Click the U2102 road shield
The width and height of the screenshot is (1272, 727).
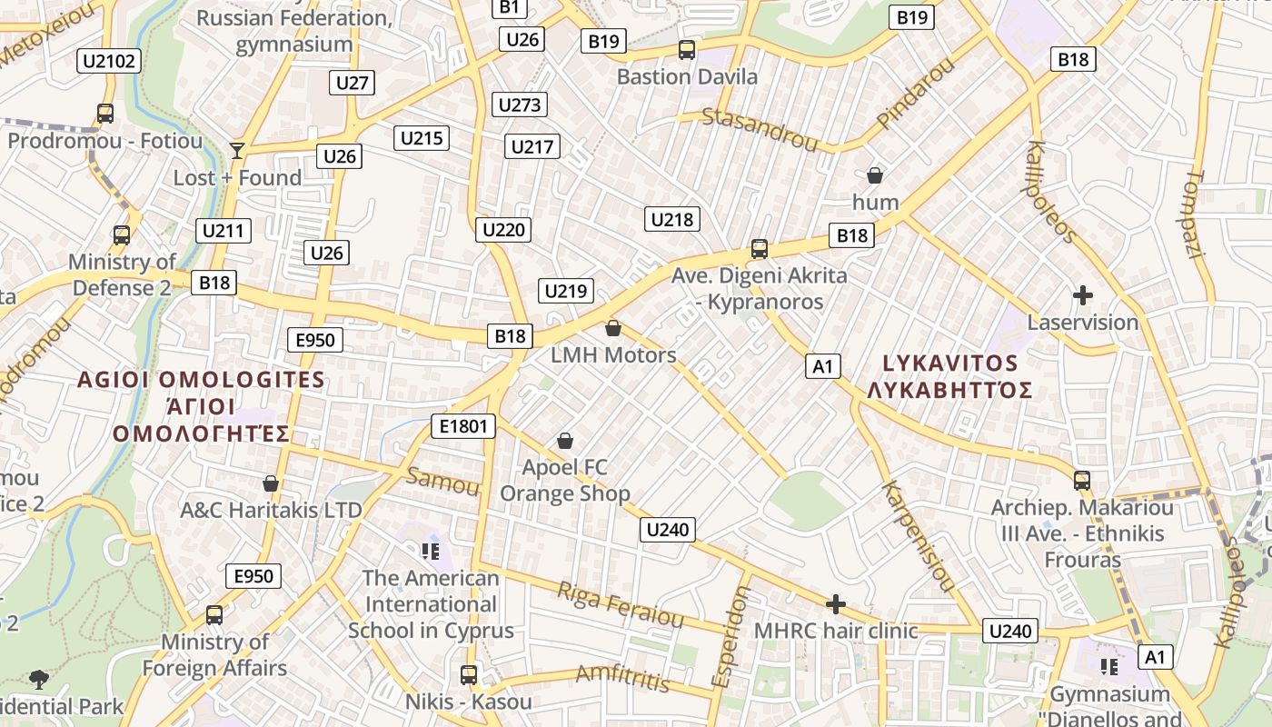click(109, 61)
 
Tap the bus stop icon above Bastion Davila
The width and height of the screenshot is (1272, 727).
click(687, 50)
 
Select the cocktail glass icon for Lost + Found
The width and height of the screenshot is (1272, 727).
click(237, 150)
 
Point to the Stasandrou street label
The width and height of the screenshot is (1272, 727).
click(760, 128)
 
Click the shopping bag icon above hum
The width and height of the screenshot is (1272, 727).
click(875, 174)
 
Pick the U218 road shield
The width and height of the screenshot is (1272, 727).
click(672, 219)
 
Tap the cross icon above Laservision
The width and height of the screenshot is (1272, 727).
click(1082, 295)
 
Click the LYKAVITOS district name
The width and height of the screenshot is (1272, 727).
click(950, 363)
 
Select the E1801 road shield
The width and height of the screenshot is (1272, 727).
click(463, 426)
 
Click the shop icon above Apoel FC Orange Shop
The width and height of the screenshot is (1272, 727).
click(565, 441)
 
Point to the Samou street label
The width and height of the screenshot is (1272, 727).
click(442, 481)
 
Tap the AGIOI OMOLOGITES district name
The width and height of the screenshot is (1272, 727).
click(201, 380)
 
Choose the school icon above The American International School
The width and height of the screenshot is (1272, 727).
click(431, 551)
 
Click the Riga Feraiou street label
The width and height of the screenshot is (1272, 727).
click(620, 604)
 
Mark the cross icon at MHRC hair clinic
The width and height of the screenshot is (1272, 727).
click(836, 604)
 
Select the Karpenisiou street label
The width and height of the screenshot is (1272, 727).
click(917, 536)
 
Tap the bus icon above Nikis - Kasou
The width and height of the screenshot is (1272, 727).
click(469, 675)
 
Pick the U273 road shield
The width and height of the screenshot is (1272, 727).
click(520, 105)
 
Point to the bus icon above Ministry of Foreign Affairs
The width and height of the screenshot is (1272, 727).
click(214, 615)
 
